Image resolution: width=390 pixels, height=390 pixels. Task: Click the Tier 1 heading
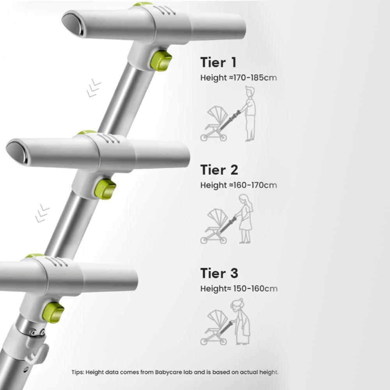click(x=218, y=62)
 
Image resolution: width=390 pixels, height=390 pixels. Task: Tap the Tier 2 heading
click(x=219, y=170)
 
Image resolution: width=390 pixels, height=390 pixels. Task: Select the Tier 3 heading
click(x=219, y=273)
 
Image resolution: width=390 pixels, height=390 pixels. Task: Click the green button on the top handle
click(x=161, y=61)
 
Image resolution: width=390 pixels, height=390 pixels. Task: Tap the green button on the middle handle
click(x=105, y=189)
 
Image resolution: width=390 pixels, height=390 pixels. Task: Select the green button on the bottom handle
click(x=53, y=312)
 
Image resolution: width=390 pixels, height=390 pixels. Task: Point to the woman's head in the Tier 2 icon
click(x=243, y=199)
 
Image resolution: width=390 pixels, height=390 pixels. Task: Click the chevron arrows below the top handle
click(x=94, y=88)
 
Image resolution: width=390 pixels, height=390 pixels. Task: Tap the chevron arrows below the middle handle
click(x=42, y=213)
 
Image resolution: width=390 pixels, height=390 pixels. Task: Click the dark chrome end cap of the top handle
click(x=73, y=24)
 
